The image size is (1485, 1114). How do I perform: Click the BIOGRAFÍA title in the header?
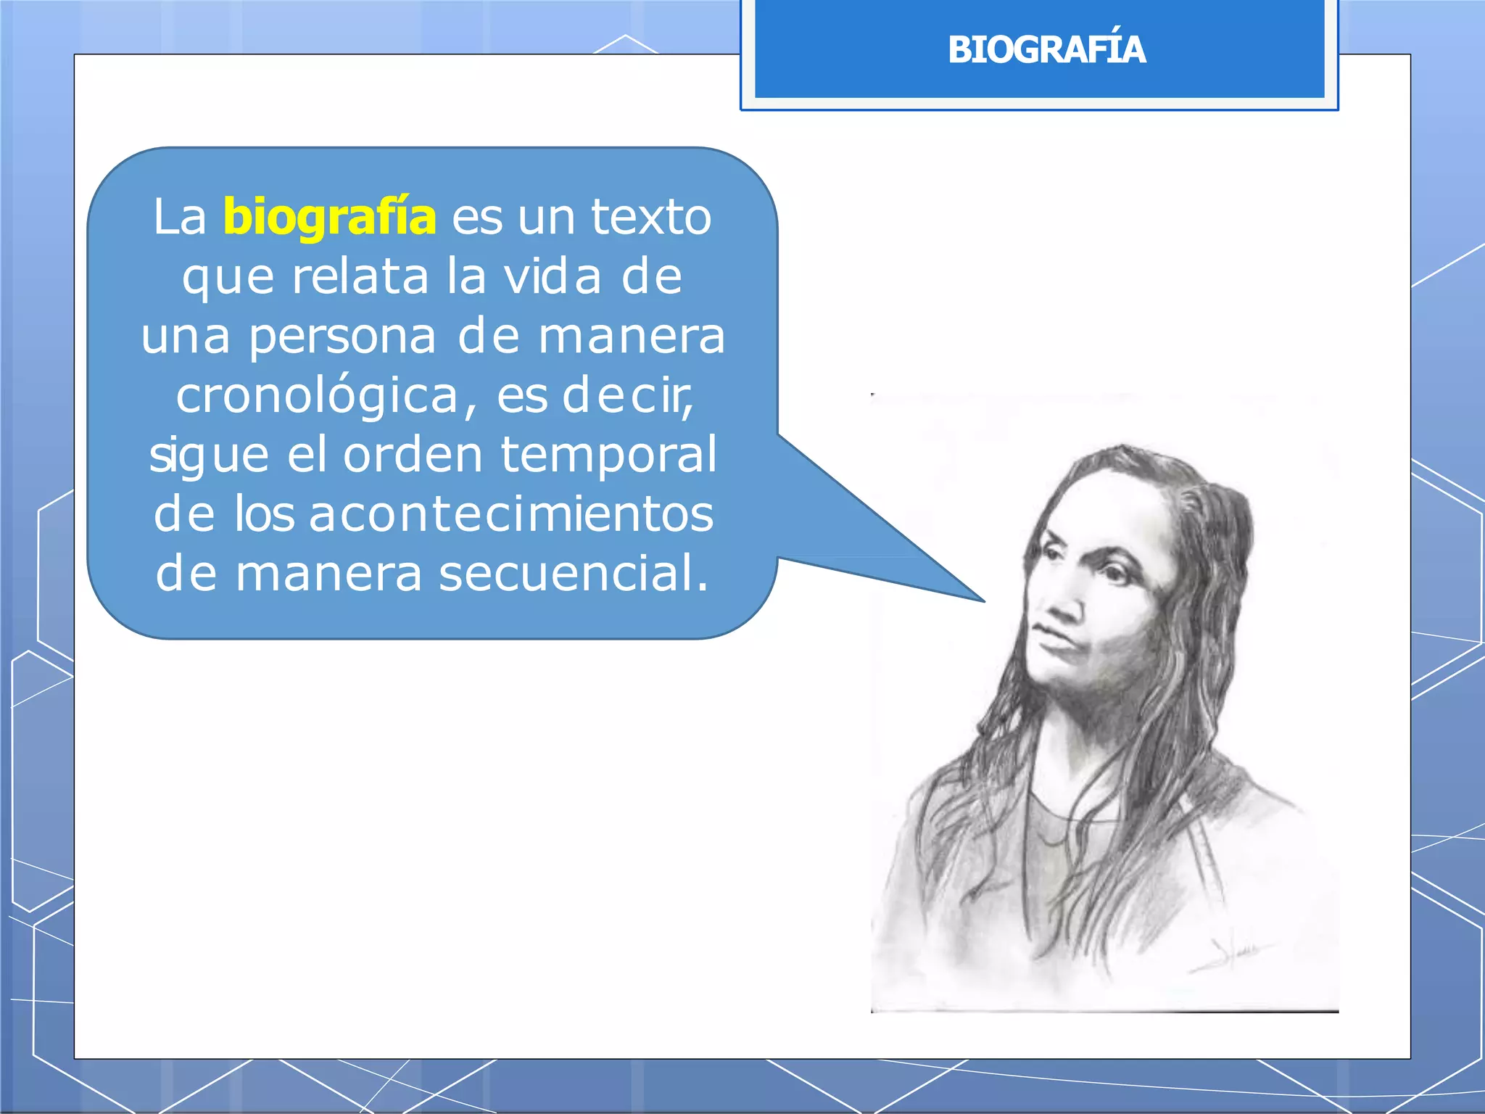[x=1046, y=49]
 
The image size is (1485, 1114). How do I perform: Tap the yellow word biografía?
[x=329, y=216]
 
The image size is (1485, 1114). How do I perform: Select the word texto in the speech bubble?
[x=650, y=216]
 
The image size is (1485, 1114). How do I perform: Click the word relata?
[x=360, y=276]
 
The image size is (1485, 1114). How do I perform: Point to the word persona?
[x=342, y=337]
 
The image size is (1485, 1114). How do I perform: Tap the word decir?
[x=627, y=396]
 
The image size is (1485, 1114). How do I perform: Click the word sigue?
[x=209, y=455]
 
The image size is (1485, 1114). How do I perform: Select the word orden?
[x=413, y=455]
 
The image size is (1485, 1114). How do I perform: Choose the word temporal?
[x=608, y=455]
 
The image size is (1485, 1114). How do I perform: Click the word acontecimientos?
[x=511, y=514]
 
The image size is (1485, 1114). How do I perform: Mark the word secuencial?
[x=573, y=573]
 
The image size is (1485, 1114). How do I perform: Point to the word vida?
[x=553, y=276]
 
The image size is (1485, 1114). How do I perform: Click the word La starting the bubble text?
[x=179, y=216]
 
